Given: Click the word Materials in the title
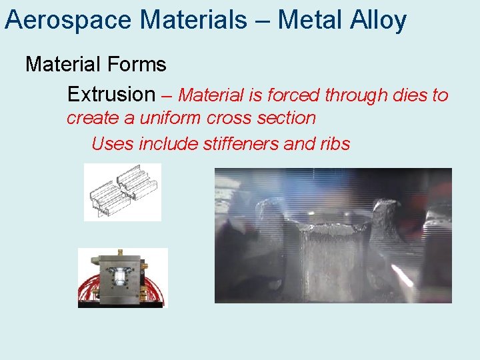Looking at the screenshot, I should [193, 21].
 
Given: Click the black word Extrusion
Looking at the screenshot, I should [111, 94].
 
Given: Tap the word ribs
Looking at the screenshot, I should [333, 143].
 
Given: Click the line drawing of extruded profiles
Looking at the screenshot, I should [123, 192].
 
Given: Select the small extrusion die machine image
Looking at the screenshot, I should [123, 277].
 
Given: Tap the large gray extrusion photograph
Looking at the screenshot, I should [333, 235].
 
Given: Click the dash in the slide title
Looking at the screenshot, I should [262, 21].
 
